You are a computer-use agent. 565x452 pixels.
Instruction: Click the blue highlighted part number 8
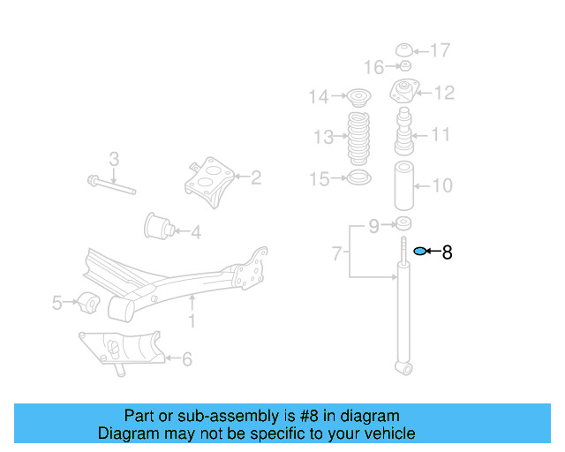419,251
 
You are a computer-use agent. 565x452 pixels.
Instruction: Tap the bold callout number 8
447,252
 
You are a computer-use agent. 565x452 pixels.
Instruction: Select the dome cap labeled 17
404,50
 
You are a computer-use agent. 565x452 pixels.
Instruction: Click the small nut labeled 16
405,66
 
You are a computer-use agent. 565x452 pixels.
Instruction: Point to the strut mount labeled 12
404,91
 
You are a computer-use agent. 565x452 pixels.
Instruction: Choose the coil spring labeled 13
358,139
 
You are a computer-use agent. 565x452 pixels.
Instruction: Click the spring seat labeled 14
359,98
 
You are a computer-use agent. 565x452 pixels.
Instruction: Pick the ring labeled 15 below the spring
359,177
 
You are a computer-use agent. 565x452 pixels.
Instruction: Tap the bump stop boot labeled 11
404,132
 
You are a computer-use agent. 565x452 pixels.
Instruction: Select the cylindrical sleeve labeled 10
404,185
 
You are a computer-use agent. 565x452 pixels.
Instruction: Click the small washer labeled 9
403,223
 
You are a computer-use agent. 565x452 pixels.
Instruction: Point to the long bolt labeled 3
112,185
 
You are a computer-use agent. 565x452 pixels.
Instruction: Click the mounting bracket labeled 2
209,182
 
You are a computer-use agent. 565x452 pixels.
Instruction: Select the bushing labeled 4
159,226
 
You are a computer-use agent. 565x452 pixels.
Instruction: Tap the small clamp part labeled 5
88,303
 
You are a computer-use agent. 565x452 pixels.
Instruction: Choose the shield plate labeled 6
122,350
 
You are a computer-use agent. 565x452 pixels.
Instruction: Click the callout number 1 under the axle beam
192,320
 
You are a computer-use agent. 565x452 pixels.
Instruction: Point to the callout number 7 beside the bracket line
336,253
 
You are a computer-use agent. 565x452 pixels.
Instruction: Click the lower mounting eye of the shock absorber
404,368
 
